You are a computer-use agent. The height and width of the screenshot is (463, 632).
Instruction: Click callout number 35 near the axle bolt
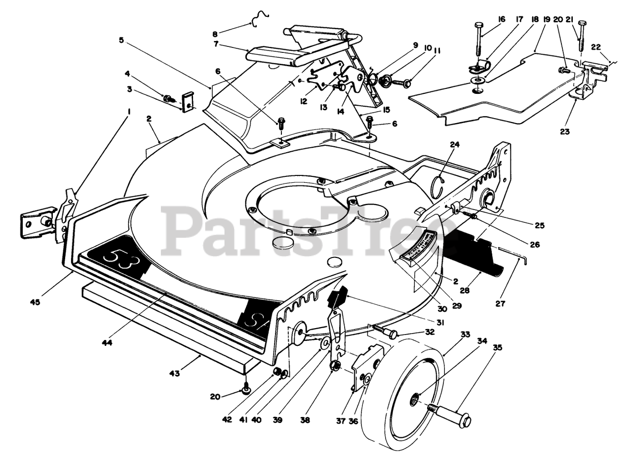497,348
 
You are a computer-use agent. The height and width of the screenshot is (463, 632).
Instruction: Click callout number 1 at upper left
129,112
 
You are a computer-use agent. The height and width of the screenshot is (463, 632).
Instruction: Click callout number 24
454,145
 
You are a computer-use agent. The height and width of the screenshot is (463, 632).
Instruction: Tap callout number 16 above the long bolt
502,19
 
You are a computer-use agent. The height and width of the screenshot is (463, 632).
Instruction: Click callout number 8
215,34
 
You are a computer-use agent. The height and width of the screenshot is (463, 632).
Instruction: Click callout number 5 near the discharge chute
121,40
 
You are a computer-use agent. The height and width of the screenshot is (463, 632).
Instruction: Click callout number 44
107,342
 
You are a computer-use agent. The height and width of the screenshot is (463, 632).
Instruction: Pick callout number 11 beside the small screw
437,50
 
